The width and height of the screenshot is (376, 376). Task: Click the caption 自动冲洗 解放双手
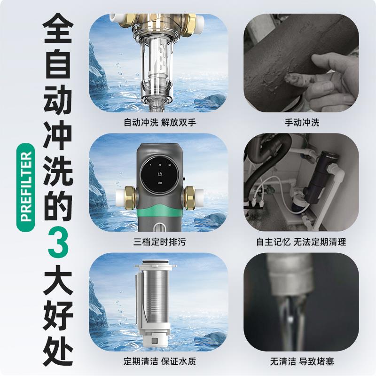[157, 123]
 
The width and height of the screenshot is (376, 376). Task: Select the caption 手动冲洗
[302, 123]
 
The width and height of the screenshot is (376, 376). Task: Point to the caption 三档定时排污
[157, 243]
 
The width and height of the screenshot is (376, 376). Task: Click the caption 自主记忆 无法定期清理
[301, 243]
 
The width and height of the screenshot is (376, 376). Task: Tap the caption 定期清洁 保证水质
[157, 362]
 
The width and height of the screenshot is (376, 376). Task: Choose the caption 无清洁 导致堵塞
[302, 362]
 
